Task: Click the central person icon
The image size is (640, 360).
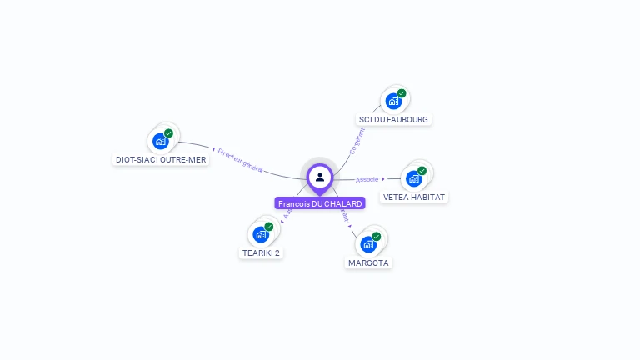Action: click(x=320, y=177)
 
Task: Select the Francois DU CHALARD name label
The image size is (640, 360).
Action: click(x=320, y=203)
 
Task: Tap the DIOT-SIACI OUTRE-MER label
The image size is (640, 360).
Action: click(x=161, y=159)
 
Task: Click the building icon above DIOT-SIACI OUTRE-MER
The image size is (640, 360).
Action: click(x=161, y=141)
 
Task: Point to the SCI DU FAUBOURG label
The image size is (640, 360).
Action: click(x=393, y=119)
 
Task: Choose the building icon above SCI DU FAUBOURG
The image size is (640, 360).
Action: click(x=393, y=101)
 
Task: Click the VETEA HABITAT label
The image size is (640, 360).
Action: click(x=414, y=197)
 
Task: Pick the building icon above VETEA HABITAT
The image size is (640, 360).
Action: click(x=413, y=178)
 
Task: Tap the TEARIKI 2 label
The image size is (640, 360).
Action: click(x=261, y=252)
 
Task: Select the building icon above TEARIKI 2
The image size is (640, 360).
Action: click(x=261, y=234)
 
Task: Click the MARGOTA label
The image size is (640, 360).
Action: click(x=368, y=262)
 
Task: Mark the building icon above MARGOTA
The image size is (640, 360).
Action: click(x=367, y=244)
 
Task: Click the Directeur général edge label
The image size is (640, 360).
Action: click(x=240, y=160)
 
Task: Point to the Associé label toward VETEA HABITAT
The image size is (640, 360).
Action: click(x=367, y=179)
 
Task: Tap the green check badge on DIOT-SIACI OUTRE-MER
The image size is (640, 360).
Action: click(x=168, y=133)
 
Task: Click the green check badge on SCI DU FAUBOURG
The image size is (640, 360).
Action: click(x=402, y=93)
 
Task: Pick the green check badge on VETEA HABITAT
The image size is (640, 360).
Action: click(x=422, y=171)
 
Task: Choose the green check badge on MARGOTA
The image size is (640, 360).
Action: click(x=376, y=237)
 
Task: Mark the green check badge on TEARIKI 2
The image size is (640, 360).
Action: click(x=269, y=227)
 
